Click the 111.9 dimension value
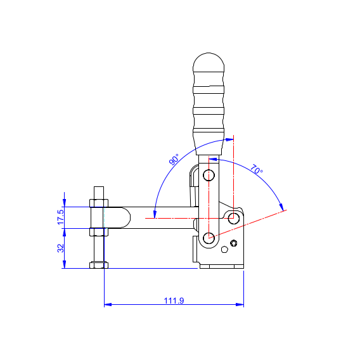174,300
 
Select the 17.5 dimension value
61,217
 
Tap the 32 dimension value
61,248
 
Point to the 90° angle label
174,160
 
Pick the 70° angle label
256,169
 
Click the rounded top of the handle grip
209,62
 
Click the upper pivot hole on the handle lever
209,176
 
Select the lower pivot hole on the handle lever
209,238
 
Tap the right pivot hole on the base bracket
234,218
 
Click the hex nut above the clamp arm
99,203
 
